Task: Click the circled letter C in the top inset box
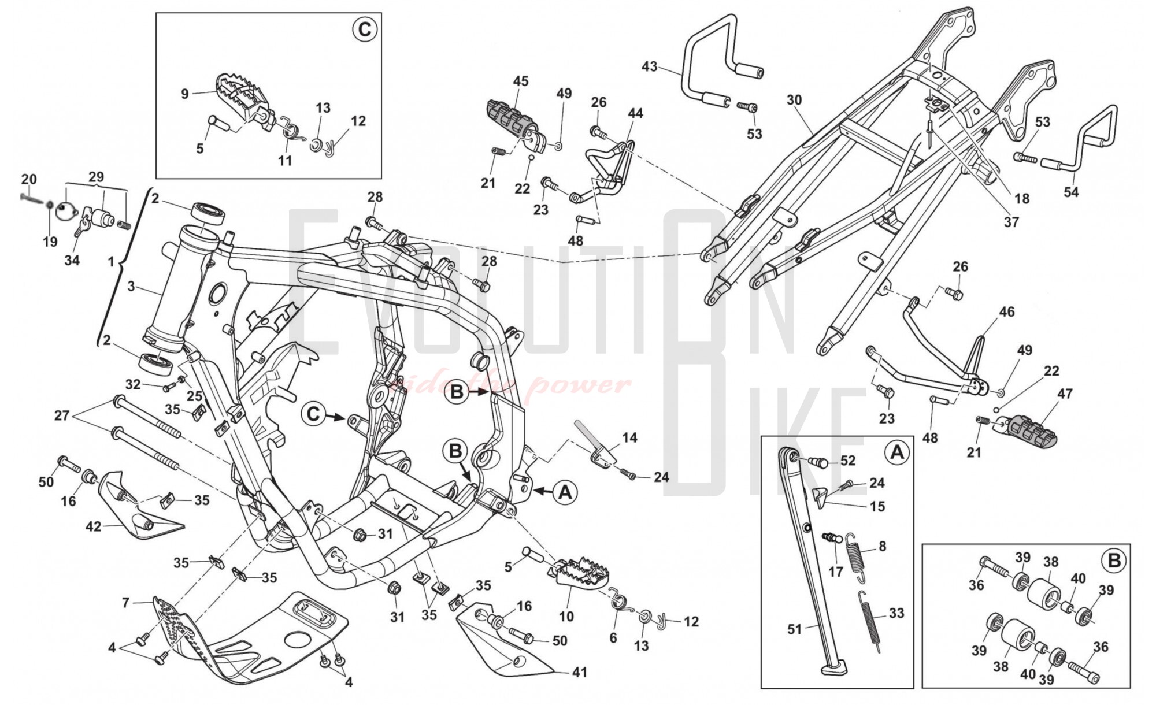pos(365,29)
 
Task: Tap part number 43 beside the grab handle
pos(650,66)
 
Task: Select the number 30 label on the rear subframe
pos(794,100)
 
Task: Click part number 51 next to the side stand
pos(795,629)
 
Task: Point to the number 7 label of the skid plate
pos(125,603)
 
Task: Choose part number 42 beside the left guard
pos(93,526)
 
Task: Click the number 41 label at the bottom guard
pos(579,672)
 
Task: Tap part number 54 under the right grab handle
pos(1071,192)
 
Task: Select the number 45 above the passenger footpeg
pos(521,81)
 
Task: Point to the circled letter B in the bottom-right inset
pos(1114,560)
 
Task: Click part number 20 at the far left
pos(29,179)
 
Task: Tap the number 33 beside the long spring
pos(896,613)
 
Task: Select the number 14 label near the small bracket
pos(629,437)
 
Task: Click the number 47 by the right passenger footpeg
pos(1065,394)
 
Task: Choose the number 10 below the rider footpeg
pos(566,617)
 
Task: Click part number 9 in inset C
pos(185,94)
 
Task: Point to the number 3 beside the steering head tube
pos(131,286)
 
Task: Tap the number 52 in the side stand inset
pos(848,461)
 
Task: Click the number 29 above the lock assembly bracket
pos(96,177)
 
